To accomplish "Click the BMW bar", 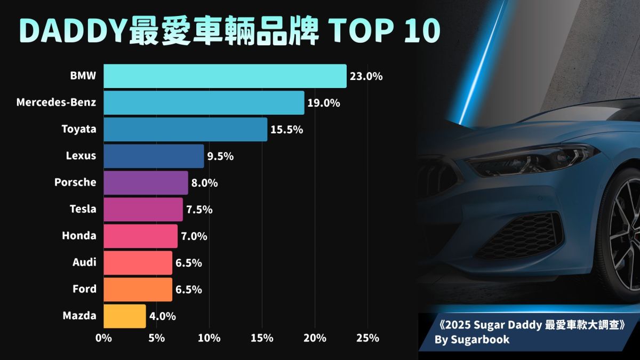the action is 225,76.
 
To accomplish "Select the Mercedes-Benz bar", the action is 204,102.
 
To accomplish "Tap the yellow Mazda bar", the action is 125,316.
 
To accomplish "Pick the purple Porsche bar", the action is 146,182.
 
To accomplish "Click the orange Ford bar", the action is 138,290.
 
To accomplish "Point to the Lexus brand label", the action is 81,156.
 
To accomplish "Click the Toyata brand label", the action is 79,129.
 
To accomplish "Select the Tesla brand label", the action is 83,209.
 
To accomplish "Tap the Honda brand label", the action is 79,236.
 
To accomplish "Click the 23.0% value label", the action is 366,77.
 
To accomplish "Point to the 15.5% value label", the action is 287,130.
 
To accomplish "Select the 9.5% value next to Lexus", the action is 221,156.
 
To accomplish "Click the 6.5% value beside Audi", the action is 189,263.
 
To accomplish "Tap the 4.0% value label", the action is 163,316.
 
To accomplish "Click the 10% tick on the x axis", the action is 209,338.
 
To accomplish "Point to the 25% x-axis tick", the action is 367,338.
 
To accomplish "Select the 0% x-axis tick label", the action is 103,338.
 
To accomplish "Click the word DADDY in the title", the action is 74,31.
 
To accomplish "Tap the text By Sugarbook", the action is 472,340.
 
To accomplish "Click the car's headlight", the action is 531,160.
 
